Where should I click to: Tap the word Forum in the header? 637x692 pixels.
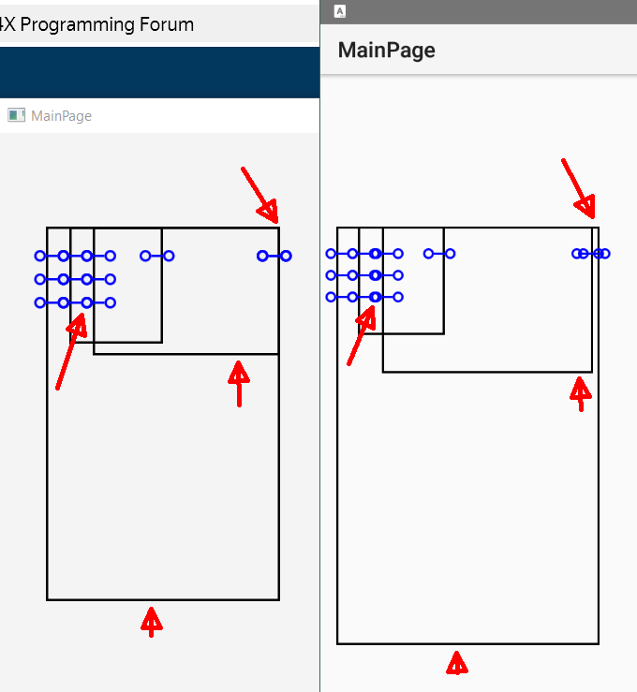click(x=167, y=24)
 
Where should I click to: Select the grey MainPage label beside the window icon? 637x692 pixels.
click(x=62, y=116)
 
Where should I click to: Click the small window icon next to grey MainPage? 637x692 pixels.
click(x=16, y=115)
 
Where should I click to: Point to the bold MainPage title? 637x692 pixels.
click(x=387, y=51)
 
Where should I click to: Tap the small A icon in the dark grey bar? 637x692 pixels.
click(x=340, y=11)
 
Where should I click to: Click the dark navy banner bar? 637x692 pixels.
click(x=160, y=72)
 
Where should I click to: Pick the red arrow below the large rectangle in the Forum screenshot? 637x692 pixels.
click(x=152, y=622)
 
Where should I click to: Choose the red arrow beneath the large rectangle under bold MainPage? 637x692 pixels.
click(x=457, y=663)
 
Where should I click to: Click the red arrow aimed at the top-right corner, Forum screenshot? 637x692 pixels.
click(x=260, y=195)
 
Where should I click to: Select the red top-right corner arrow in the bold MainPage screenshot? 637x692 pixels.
click(x=578, y=188)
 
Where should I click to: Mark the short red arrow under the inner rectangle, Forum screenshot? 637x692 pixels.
click(x=239, y=384)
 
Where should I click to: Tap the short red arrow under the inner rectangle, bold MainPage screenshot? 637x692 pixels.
click(x=581, y=393)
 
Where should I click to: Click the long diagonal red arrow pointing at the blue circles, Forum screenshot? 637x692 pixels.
click(x=71, y=351)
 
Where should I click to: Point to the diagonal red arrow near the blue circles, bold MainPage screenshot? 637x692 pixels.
click(x=361, y=335)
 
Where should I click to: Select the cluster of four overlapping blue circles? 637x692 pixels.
click(x=591, y=254)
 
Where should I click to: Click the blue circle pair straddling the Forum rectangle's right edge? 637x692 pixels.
click(x=274, y=256)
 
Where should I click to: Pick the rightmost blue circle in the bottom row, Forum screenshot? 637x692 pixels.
click(x=111, y=302)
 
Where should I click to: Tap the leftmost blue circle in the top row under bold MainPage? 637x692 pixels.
click(x=331, y=254)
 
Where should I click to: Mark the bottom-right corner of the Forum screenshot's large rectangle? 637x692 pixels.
click(x=279, y=599)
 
